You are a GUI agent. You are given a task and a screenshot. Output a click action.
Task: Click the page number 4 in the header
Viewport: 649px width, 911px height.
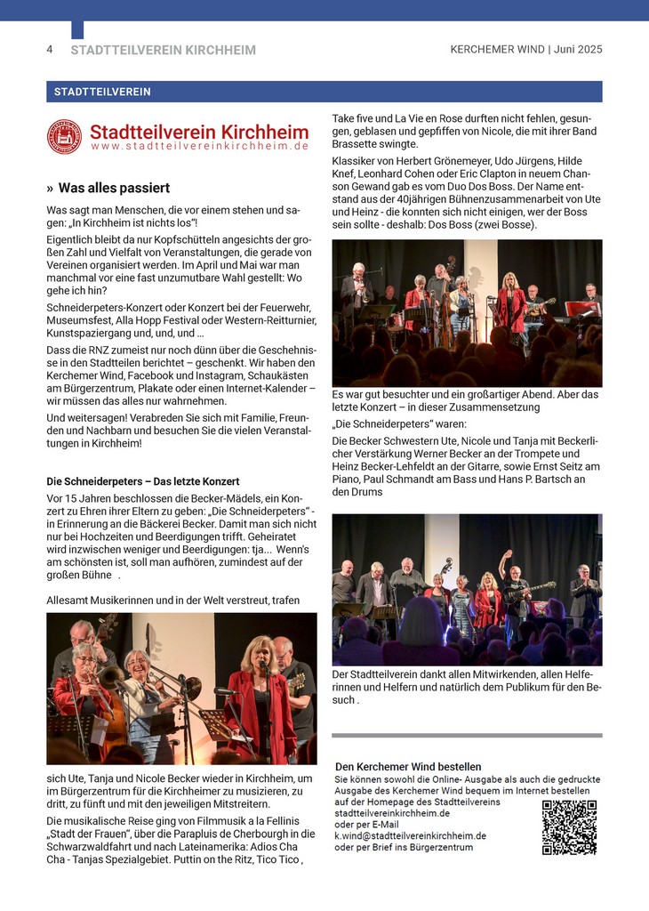point(50,50)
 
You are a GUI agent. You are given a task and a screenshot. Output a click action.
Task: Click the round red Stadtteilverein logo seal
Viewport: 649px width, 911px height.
point(64,136)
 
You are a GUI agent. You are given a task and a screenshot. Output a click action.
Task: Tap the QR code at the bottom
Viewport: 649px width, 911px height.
point(569,827)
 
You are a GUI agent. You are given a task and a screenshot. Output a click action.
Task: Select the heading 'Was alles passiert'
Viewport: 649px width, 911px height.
point(114,189)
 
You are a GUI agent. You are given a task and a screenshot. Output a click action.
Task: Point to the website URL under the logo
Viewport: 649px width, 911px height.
point(199,146)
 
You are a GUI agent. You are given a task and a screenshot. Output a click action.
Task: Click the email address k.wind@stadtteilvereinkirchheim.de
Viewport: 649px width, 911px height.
point(410,836)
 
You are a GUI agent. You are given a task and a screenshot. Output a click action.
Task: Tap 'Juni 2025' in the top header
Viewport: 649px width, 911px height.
point(578,50)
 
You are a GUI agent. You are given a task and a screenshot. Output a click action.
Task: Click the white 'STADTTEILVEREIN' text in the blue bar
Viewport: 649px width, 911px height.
point(102,92)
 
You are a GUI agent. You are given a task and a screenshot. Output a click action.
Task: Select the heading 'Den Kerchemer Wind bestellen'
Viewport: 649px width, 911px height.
point(408,767)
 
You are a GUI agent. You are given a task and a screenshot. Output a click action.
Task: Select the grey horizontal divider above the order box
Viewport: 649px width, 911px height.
point(467,736)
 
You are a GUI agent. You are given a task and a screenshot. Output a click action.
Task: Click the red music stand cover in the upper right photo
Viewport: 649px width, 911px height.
point(581,309)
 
